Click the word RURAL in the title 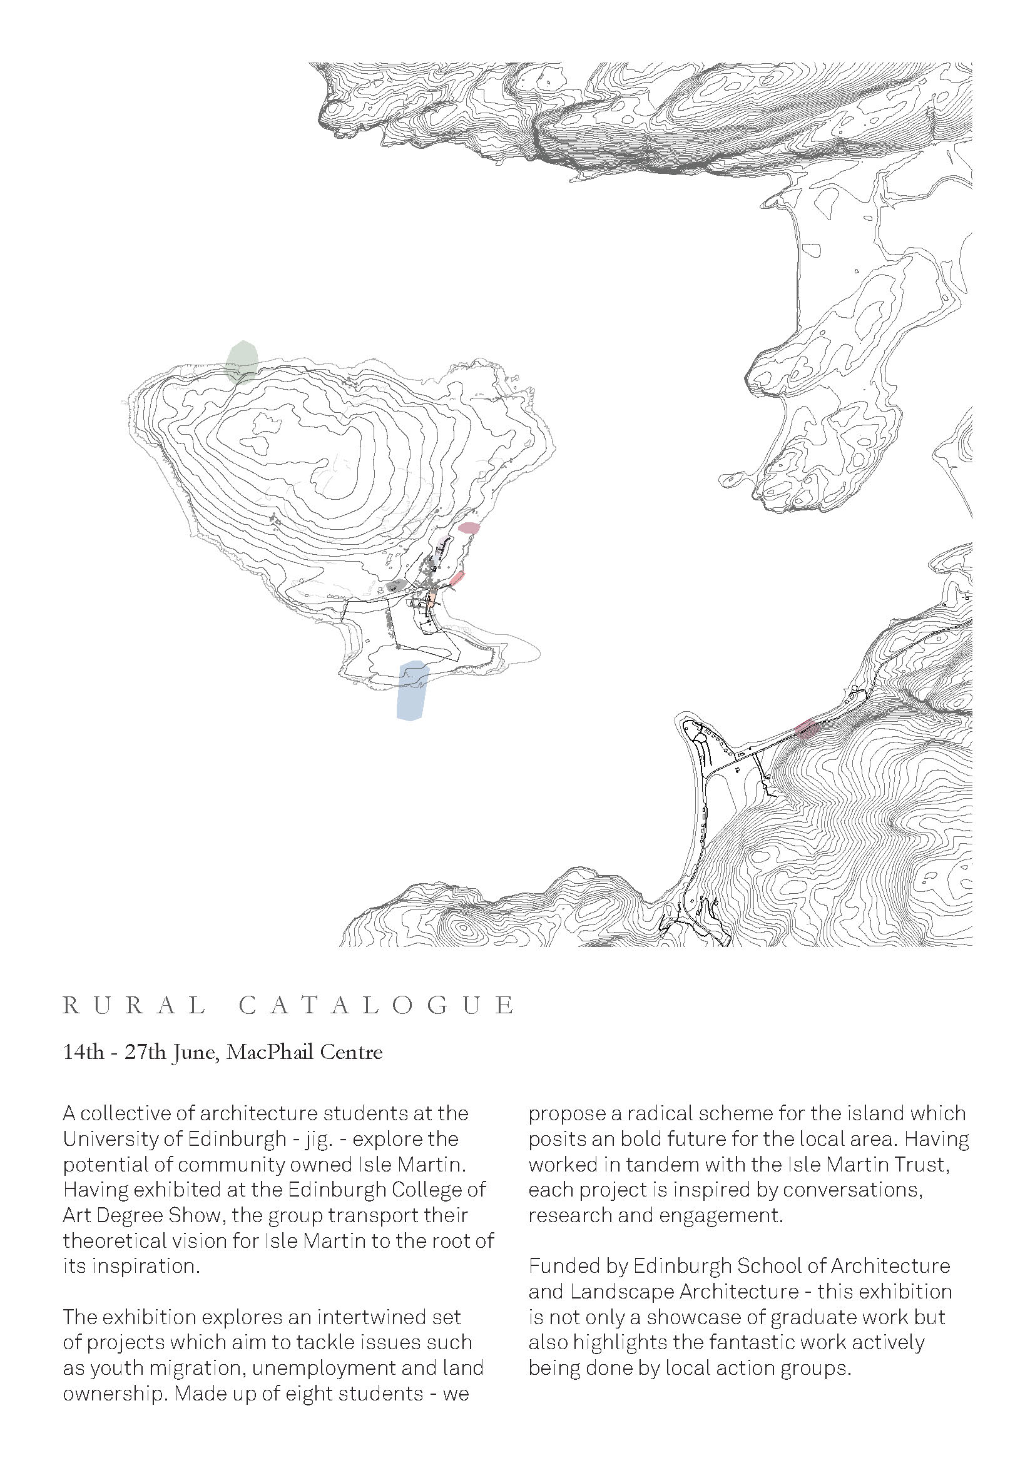click(x=135, y=1006)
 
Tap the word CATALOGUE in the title click(x=377, y=1006)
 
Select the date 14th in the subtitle click(x=83, y=1052)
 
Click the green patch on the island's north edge click(x=242, y=363)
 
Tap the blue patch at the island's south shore click(x=412, y=691)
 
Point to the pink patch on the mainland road click(x=806, y=727)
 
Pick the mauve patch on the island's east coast click(x=469, y=528)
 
